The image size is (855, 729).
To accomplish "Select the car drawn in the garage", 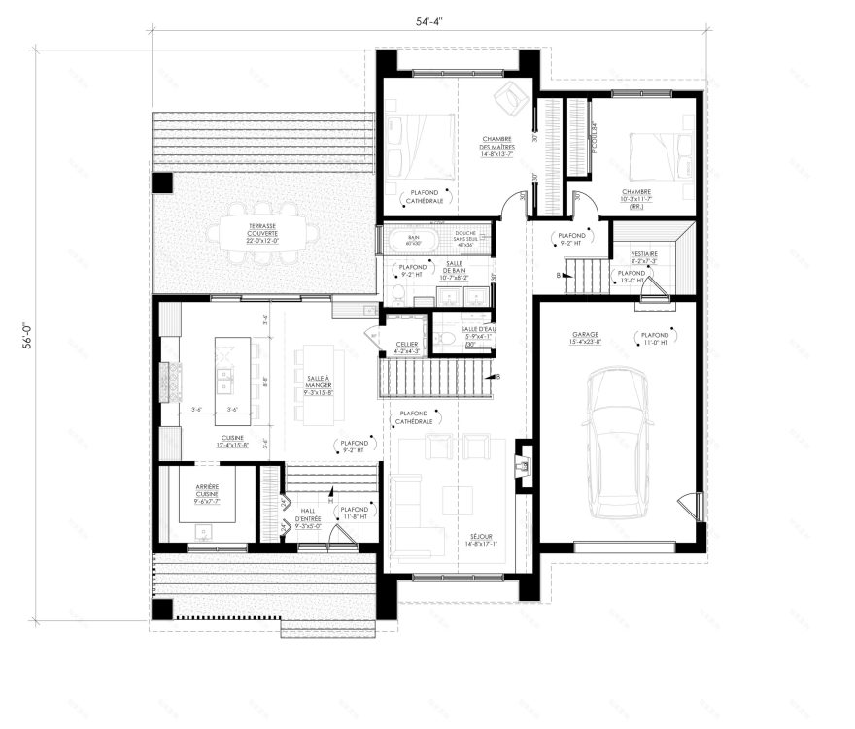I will click(614, 442).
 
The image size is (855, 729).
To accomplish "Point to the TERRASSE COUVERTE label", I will click(235, 234).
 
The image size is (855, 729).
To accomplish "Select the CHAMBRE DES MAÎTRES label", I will click(496, 147).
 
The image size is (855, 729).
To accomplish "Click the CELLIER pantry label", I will click(407, 347).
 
